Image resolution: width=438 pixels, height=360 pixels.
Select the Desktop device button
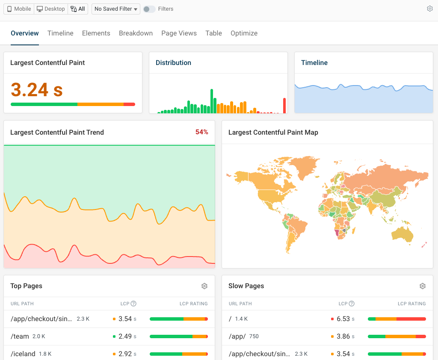click(51, 9)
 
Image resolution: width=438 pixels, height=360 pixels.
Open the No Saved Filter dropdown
click(116, 9)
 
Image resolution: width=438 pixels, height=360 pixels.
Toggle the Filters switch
click(149, 9)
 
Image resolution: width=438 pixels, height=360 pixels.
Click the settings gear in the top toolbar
click(430, 9)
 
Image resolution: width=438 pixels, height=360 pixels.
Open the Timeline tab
click(60, 33)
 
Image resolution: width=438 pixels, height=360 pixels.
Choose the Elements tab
click(96, 33)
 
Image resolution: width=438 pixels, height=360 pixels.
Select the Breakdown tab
click(136, 33)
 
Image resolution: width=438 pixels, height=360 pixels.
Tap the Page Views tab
click(179, 33)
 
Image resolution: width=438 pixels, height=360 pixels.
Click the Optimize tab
click(244, 33)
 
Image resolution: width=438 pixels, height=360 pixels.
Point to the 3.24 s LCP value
click(37, 90)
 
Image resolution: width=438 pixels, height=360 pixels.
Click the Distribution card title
click(173, 63)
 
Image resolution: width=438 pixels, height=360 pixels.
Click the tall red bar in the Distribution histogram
click(284, 106)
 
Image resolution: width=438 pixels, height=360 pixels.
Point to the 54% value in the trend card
click(201, 133)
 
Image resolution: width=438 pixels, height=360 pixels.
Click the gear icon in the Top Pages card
click(204, 286)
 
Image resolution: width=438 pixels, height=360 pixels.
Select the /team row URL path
click(20, 336)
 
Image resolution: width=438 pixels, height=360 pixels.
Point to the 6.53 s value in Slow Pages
click(343, 319)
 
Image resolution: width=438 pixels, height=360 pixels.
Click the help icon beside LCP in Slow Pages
click(352, 304)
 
